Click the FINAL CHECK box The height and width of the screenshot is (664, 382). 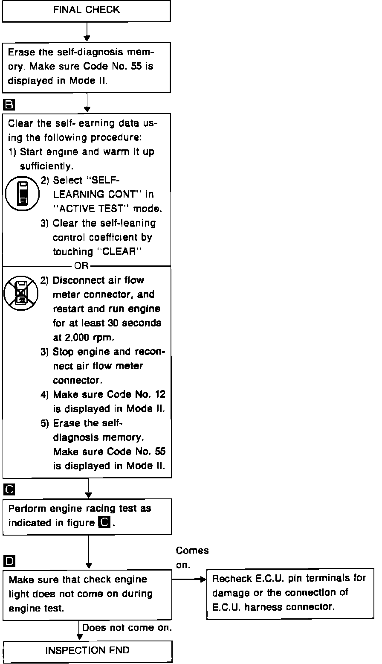[86, 11]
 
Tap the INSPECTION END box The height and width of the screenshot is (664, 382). [87, 651]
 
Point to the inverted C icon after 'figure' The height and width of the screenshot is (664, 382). [104, 522]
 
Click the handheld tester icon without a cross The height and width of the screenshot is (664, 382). [22, 194]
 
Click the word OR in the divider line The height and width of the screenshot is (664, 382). [81, 266]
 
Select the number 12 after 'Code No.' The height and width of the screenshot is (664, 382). [159, 394]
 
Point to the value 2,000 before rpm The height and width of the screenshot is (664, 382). [78, 337]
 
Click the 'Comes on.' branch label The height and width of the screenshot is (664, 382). [192, 557]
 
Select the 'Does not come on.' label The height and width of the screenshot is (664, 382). [127, 628]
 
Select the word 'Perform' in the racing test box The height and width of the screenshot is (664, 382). [26, 509]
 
